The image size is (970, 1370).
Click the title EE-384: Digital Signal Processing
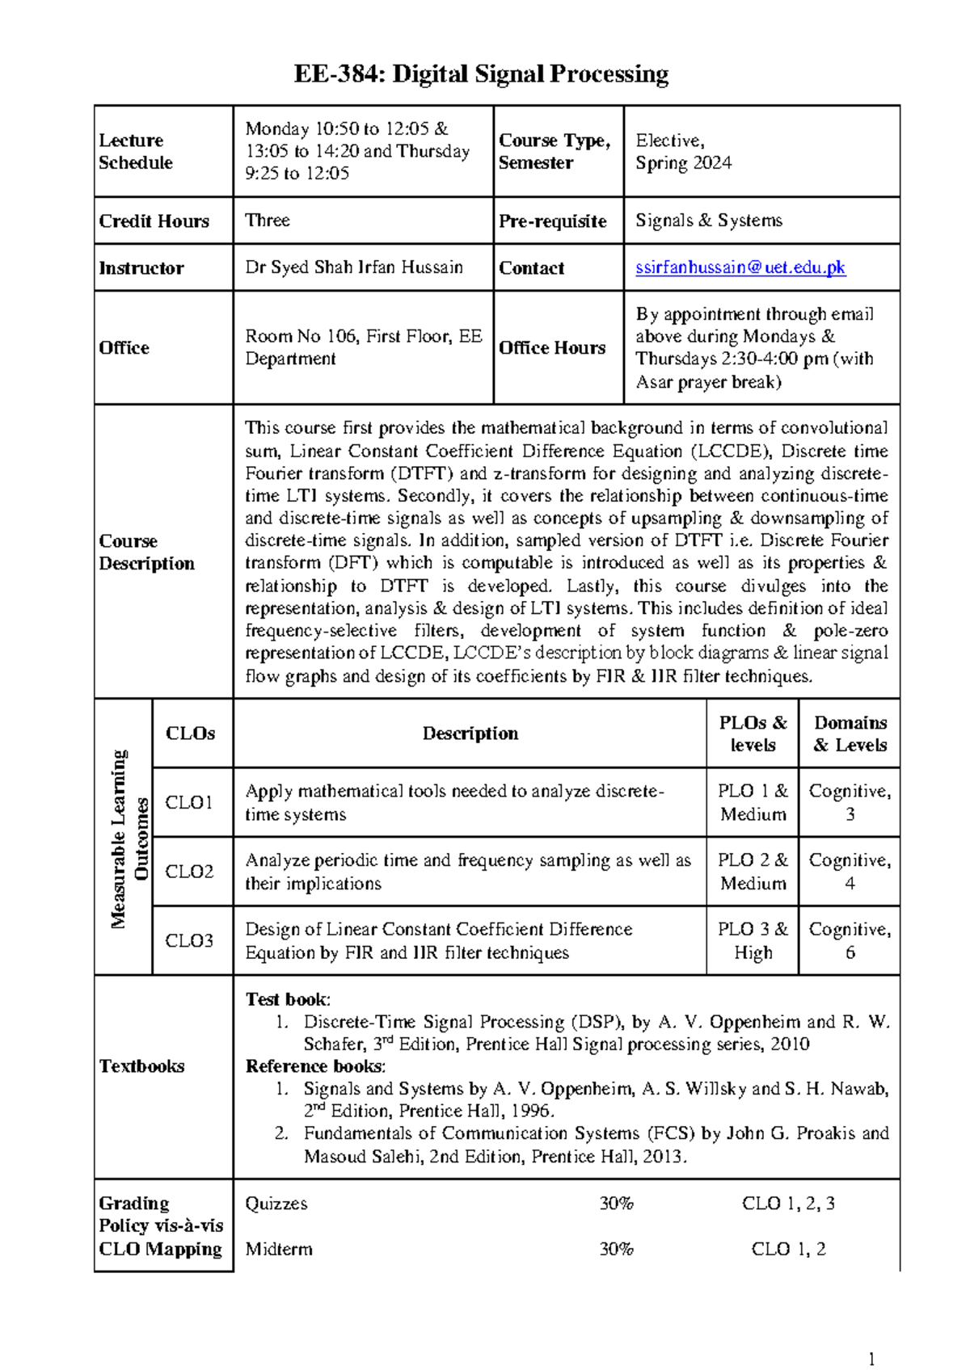[481, 74]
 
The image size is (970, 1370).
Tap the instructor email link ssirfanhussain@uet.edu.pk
[740, 267]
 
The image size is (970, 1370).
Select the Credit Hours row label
[154, 221]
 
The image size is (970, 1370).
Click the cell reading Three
[268, 221]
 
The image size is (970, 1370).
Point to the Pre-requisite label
[552, 221]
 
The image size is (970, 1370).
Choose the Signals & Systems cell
[708, 221]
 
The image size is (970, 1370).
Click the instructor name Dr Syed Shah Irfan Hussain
[354, 267]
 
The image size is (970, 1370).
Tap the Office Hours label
[552, 347]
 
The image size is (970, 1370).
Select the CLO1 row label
[189, 802]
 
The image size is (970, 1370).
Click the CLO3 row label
[189, 940]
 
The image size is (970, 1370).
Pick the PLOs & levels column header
[753, 733]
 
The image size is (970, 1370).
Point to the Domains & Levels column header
[850, 733]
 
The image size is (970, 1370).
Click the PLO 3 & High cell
[753, 940]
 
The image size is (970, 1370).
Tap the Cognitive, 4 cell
[850, 872]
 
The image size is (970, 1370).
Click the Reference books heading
[315, 1066]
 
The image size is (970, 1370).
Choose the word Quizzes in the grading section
[276, 1204]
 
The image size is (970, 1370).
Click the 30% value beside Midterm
[616, 1249]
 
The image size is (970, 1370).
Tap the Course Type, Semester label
[555, 151]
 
